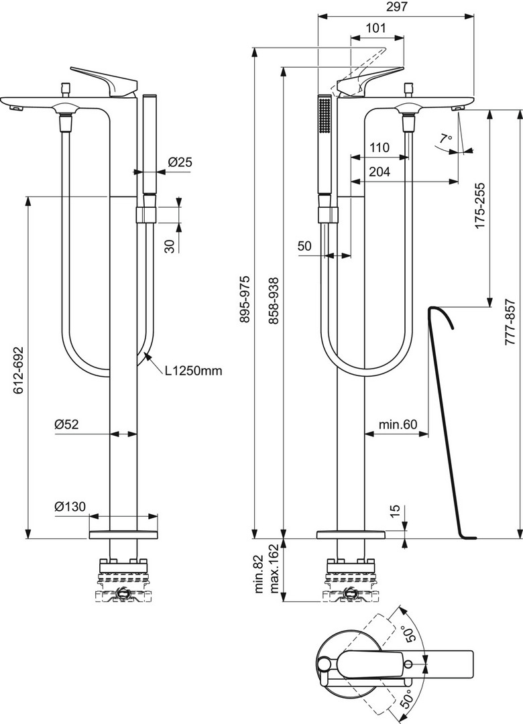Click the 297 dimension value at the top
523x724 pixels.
(396, 7)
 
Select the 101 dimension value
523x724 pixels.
(375, 27)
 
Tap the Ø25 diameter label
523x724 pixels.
(180, 162)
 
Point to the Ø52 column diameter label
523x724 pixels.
(66, 424)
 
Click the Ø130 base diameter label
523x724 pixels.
(70, 507)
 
